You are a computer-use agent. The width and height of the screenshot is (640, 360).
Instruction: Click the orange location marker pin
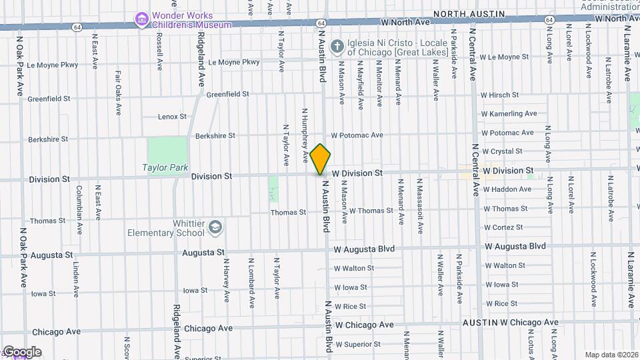(x=321, y=159)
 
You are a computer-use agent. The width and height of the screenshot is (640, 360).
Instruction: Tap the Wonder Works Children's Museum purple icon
(x=142, y=19)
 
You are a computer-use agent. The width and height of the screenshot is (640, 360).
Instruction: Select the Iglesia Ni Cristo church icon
(x=337, y=46)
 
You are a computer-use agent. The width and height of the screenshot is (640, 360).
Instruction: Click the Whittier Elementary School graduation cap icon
(x=215, y=227)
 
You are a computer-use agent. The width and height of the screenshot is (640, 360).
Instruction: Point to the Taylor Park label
(x=165, y=168)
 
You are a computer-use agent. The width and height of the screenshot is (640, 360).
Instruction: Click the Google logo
(x=22, y=352)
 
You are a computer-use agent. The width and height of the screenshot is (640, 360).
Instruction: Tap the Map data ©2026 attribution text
(x=611, y=355)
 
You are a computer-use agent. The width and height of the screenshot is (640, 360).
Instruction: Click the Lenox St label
(x=173, y=117)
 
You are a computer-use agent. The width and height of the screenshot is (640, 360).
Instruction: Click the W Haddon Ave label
(x=507, y=189)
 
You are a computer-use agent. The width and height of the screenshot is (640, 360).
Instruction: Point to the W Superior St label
(x=358, y=345)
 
